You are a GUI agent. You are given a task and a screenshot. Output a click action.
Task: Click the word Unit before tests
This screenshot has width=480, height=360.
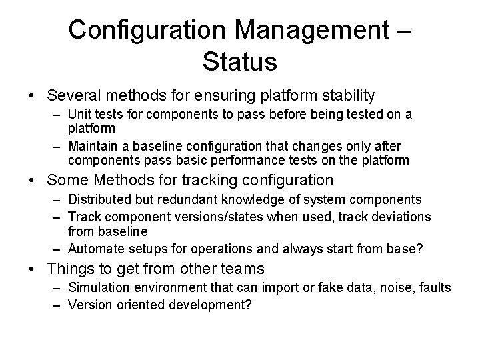point(78,115)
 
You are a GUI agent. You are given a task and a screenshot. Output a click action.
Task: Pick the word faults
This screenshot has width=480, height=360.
point(435,287)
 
